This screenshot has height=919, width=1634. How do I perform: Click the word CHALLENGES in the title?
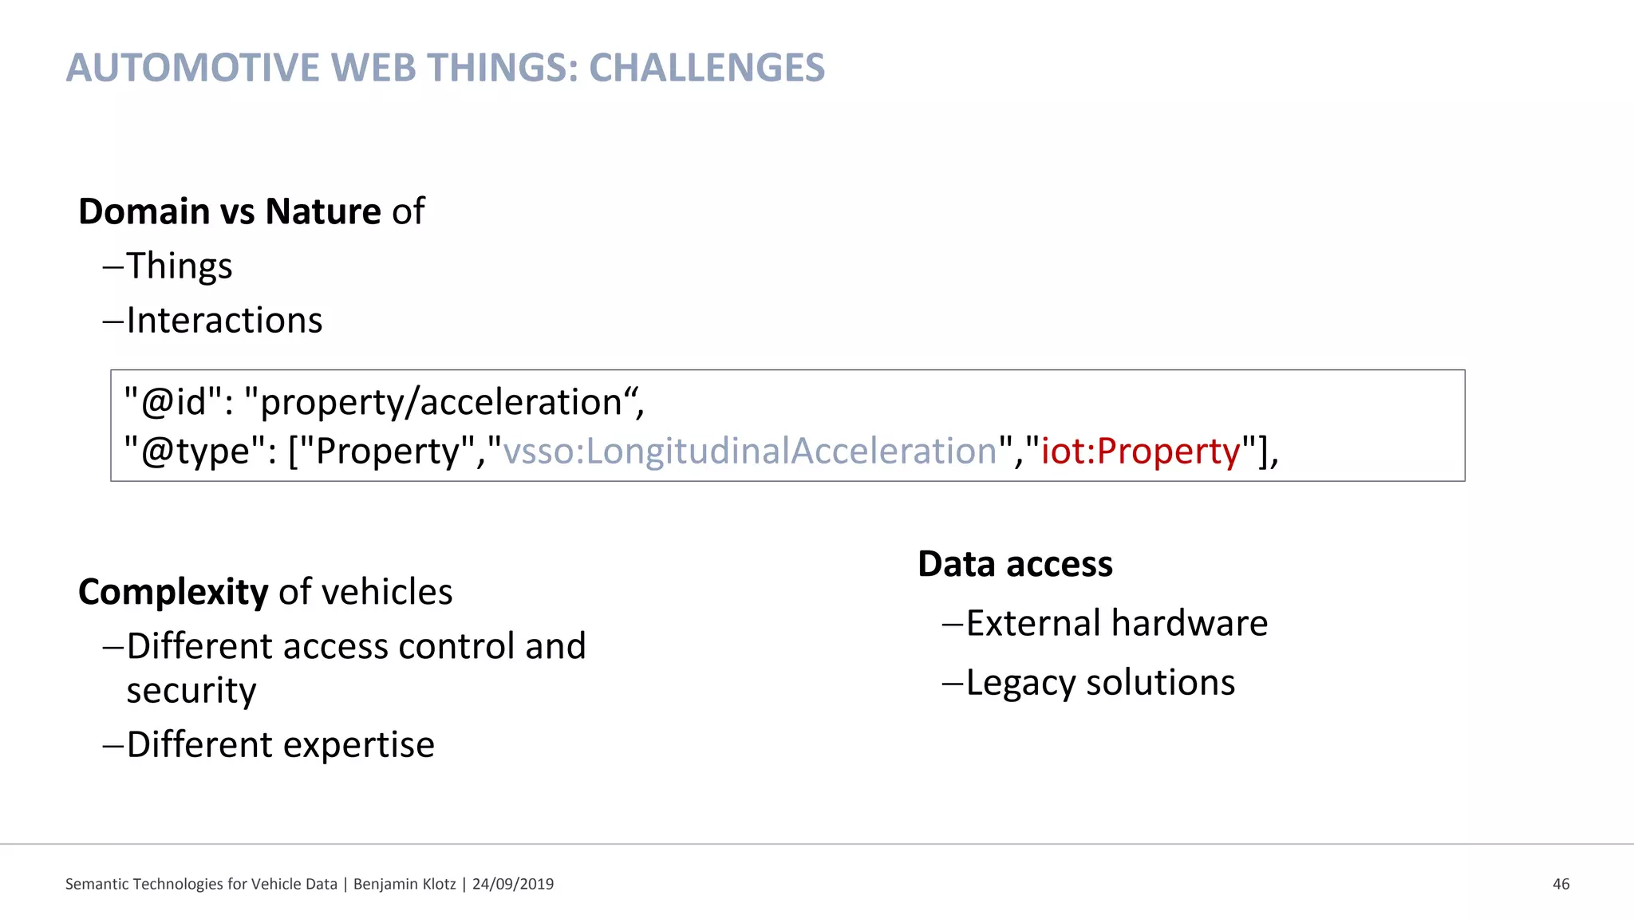707,68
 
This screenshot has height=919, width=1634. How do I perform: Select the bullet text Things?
179,266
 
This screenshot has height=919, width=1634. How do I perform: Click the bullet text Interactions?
224,321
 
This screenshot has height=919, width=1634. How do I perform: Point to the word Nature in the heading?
322,212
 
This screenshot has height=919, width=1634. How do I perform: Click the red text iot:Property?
1141,452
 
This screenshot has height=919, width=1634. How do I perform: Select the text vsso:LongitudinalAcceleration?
750,452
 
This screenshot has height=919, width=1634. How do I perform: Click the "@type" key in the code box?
195,452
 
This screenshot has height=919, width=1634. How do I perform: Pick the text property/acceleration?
441,402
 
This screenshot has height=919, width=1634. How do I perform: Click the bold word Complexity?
173,593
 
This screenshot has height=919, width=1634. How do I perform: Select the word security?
191,690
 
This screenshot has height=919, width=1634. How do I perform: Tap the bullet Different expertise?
280,745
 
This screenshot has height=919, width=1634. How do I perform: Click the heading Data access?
1015,565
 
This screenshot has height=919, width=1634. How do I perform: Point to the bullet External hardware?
1116,624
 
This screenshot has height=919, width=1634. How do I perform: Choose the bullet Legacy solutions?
1100,683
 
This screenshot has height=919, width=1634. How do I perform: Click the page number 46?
1561,884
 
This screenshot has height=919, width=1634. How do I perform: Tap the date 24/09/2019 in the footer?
513,884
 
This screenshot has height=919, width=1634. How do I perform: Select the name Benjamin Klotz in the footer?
405,884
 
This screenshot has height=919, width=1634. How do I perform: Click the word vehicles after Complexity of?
387,593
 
